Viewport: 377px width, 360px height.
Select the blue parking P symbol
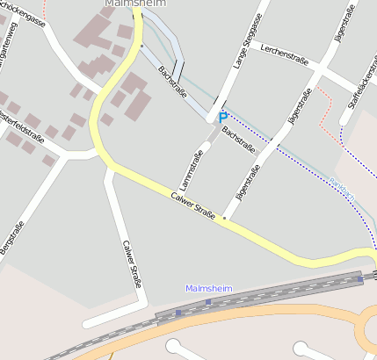223,117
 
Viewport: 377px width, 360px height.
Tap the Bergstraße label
12,239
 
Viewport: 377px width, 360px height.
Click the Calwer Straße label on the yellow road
193,205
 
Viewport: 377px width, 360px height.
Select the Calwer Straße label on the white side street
132,264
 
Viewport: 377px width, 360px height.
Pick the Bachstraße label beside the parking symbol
238,138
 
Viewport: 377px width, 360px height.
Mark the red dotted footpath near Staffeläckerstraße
327,110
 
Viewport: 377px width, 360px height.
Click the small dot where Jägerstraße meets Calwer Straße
224,217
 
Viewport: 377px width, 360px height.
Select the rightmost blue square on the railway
360,279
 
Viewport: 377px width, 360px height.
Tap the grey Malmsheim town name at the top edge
134,4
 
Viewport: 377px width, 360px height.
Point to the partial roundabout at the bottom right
366,331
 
